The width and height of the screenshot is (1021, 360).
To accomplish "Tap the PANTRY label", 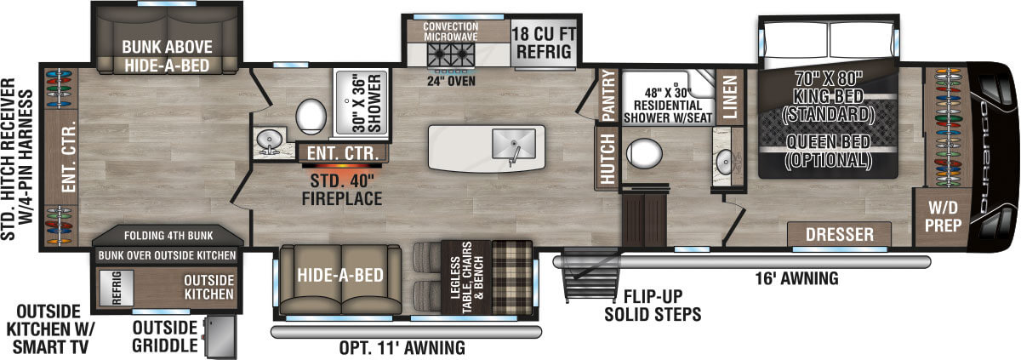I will tap(608, 94).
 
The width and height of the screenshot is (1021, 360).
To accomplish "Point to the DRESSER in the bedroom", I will tap(840, 234).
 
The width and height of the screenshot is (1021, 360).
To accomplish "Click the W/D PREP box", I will tap(944, 216).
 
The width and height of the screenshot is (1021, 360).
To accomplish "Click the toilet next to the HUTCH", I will tap(643, 156).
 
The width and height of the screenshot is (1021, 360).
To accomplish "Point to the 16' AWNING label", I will tap(796, 277).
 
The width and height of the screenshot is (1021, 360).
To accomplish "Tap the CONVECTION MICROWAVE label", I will tap(454, 30).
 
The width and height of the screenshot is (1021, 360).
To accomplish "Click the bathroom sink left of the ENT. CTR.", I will tap(271, 142).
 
